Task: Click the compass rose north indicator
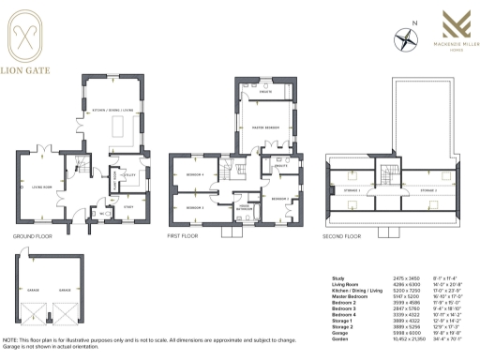pos(405,39)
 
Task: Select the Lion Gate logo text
pos(30,69)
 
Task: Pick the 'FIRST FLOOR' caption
pos(183,237)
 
